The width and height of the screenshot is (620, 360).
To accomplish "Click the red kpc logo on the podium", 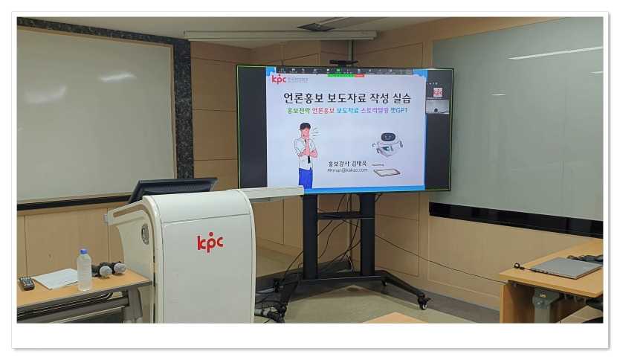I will coord(210,242).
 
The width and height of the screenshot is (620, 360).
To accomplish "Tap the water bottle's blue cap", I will coord(83,253).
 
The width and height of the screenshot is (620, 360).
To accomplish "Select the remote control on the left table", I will coord(26,283).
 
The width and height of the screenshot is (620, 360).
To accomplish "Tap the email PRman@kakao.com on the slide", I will coord(347,170).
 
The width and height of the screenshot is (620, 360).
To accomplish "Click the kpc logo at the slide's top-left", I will coord(279,78).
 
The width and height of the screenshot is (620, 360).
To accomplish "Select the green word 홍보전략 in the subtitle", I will coord(300,111).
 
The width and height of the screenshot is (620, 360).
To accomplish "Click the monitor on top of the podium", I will coord(172,188).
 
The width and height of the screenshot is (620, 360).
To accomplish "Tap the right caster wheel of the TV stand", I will coord(423,302).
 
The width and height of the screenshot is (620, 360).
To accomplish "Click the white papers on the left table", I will coord(56,278).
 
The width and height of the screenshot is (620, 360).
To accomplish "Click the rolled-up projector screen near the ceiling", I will coord(280,35).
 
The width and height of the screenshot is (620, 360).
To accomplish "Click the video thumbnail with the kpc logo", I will coord(437,92).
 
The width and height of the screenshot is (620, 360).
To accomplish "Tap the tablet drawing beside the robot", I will coord(386,172).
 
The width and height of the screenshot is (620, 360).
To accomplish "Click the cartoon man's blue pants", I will coord(305,178).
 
